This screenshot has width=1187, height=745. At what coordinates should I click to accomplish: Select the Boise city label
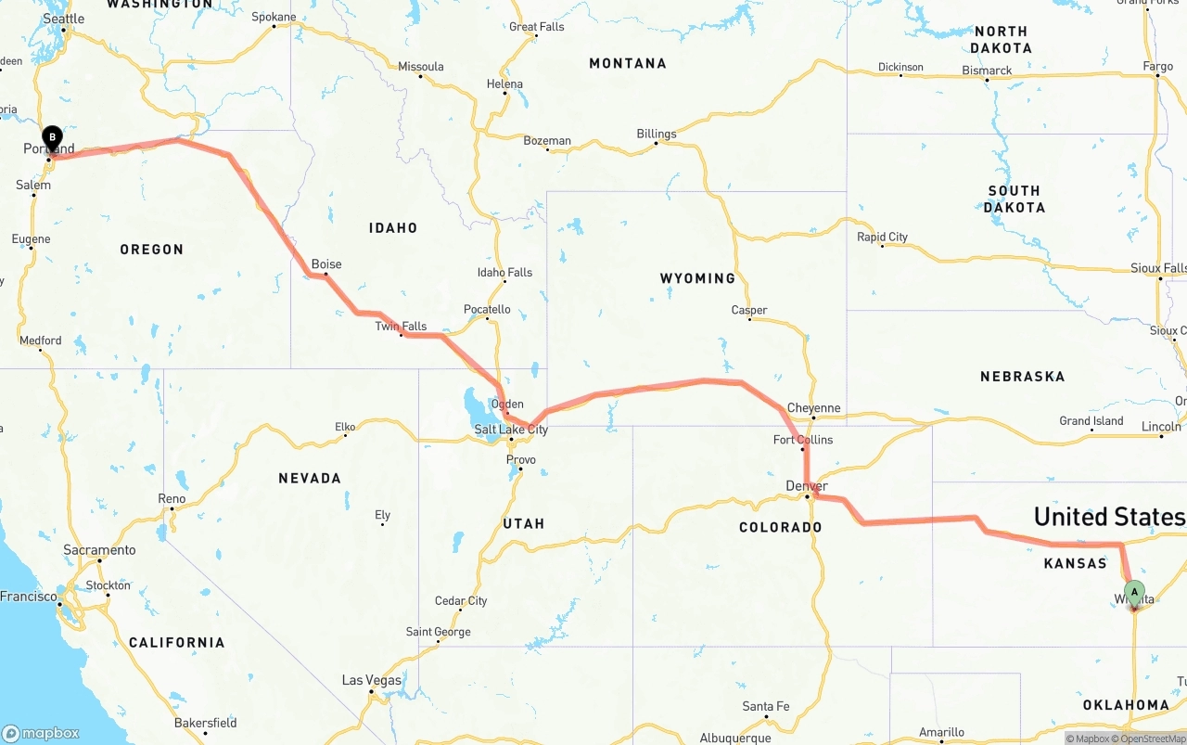click(326, 264)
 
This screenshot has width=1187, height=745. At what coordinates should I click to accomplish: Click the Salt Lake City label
click(511, 430)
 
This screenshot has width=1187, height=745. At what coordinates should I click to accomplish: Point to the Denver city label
click(806, 486)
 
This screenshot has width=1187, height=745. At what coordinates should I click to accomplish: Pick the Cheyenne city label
click(813, 408)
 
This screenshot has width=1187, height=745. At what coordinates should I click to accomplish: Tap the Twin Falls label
click(401, 327)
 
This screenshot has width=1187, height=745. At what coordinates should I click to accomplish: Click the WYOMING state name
click(697, 278)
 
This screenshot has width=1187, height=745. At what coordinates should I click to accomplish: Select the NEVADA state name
click(310, 478)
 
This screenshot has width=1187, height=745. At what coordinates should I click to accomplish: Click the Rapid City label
click(882, 237)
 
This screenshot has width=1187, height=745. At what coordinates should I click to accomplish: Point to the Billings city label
click(657, 134)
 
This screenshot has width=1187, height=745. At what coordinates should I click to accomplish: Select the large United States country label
click(1109, 517)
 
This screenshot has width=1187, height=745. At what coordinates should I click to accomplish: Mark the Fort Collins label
click(803, 440)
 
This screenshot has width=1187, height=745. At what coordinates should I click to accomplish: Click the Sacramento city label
click(99, 550)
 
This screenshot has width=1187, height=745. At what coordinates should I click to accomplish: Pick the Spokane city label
click(274, 17)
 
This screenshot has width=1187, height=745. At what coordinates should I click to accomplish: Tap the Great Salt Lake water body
click(473, 404)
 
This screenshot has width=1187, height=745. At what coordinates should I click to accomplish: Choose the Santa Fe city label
click(765, 707)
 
